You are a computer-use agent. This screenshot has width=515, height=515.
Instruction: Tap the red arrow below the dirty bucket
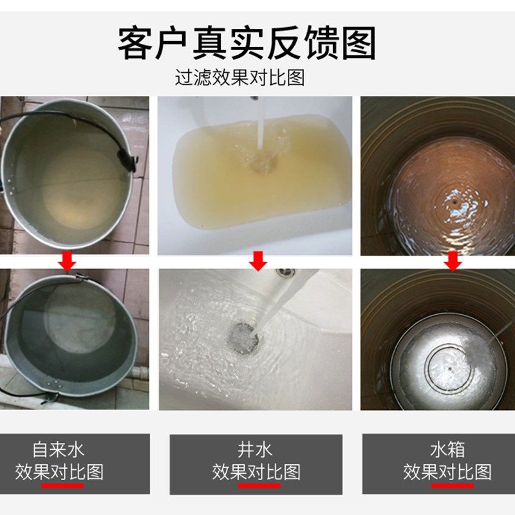pos(67,261)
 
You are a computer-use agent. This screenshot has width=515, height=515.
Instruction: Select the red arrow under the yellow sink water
pos(258,261)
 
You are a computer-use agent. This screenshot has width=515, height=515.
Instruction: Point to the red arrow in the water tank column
pos(453,261)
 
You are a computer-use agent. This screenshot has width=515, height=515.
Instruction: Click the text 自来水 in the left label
pos(59,448)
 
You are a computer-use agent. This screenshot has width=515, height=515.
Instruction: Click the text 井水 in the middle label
pos(256,448)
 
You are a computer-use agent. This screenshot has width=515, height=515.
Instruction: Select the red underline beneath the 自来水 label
pos(62,485)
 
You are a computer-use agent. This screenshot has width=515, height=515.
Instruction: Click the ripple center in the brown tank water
pos(454,200)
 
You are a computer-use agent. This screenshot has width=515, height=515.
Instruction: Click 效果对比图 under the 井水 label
pos(256,471)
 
